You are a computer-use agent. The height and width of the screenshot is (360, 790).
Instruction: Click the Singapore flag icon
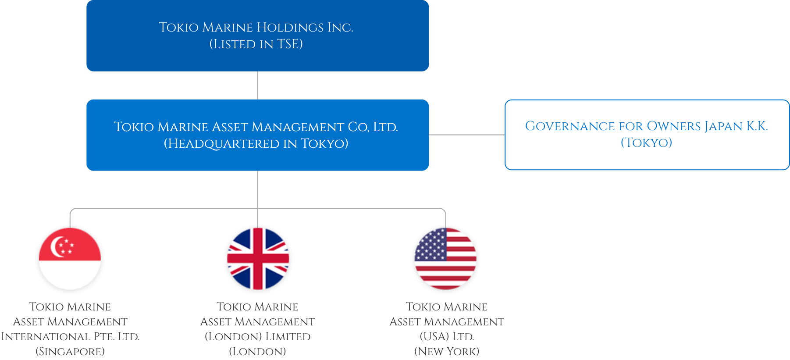coord(70,259)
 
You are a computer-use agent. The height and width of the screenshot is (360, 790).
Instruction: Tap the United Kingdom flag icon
coord(258,259)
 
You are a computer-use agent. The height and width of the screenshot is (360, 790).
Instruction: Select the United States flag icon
coord(445,259)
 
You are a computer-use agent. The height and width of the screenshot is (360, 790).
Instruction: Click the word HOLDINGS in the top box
coord(290,27)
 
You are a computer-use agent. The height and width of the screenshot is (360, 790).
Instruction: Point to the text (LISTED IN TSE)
coord(256,44)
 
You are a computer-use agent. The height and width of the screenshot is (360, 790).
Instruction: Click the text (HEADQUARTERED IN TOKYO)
coord(256,144)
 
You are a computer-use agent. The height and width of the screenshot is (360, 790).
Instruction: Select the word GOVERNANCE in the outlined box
coord(570,126)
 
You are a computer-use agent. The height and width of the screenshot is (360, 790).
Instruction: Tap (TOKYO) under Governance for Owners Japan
coord(646,143)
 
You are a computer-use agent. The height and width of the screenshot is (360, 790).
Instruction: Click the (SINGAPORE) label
coord(70,352)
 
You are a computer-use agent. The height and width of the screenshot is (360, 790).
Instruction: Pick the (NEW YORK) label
coord(447,352)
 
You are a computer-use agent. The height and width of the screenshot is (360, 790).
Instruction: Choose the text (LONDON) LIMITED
coord(258,337)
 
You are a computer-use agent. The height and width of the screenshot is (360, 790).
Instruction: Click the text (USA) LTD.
coord(447,337)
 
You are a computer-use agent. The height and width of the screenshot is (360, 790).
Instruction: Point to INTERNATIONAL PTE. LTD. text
coord(70,337)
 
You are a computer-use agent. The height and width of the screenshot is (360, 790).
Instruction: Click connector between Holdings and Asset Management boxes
coord(257,86)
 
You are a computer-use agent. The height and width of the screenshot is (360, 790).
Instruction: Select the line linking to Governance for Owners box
coord(467,135)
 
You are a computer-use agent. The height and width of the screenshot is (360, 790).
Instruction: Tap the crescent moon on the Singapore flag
coord(56,246)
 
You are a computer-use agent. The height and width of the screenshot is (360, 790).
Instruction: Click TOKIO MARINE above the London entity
coord(257,307)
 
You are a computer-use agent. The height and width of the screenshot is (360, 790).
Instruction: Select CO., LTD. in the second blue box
coord(373,127)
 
